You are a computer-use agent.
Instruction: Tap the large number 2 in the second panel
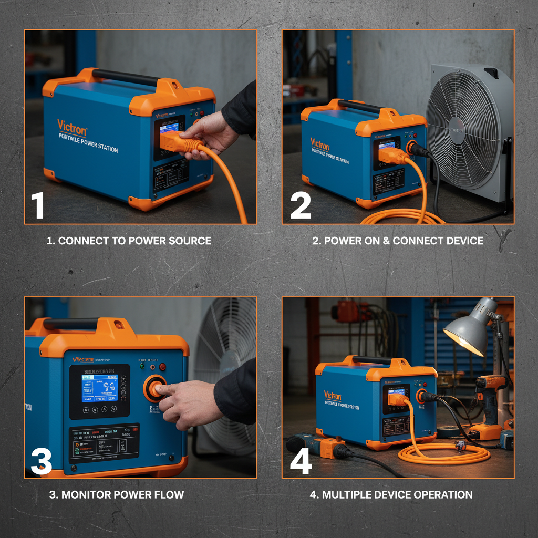tap(301, 205)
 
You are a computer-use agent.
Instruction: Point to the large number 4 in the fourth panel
tap(301, 461)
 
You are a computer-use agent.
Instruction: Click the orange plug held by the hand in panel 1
tap(176, 141)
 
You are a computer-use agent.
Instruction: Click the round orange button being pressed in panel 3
tap(156, 388)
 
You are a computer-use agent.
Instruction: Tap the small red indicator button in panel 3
tap(162, 366)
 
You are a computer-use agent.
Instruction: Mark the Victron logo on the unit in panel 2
tap(319, 143)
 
